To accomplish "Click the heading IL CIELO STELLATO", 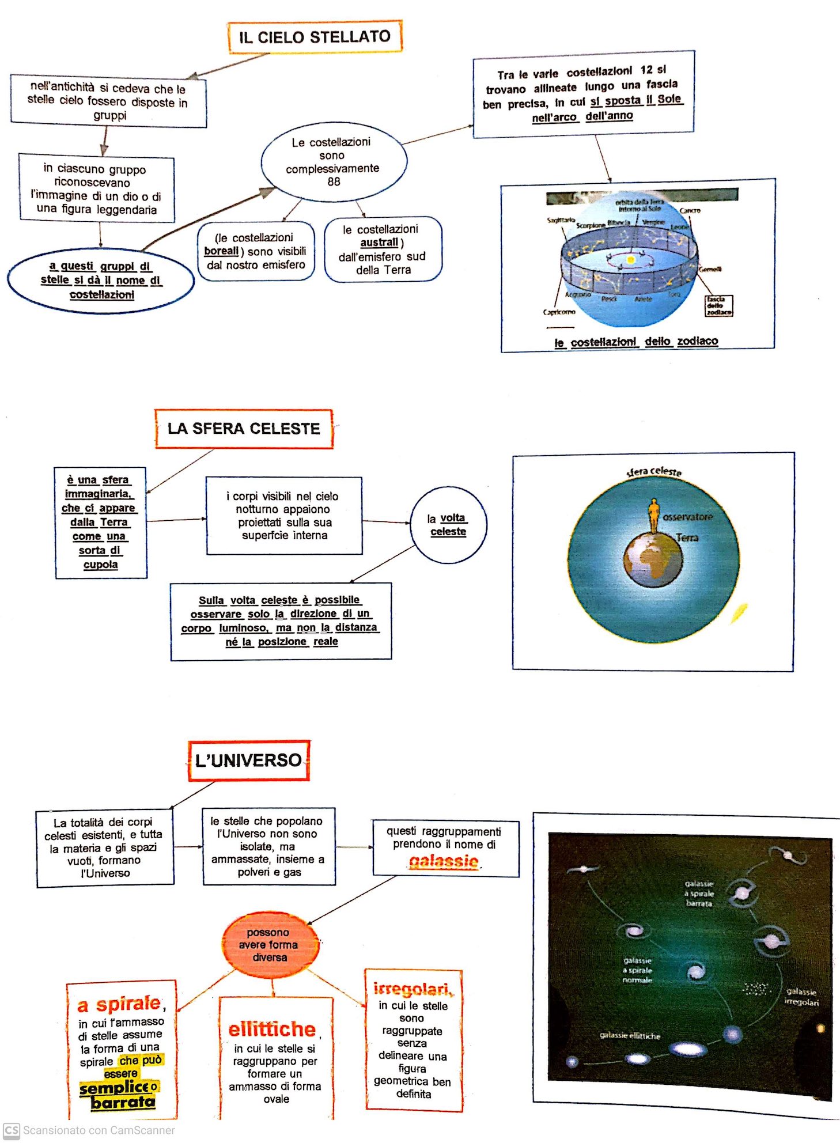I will pyautogui.click(x=315, y=37).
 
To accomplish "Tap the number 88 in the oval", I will pyautogui.click(x=334, y=181).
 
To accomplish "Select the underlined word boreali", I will pyautogui.click(x=221, y=251).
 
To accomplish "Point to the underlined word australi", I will pyautogui.click(x=379, y=243).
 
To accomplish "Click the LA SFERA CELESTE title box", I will pyautogui.click(x=244, y=429).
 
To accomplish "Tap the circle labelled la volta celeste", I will pyautogui.click(x=448, y=524).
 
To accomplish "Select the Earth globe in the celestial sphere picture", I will pyautogui.click(x=653, y=559).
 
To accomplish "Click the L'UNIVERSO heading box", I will pyautogui.click(x=249, y=760).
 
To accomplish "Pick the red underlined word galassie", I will pyautogui.click(x=444, y=861).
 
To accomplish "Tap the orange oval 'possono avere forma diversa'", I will pyautogui.click(x=270, y=945).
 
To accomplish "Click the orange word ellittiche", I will pyautogui.click(x=273, y=1029).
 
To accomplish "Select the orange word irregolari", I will pyautogui.click(x=413, y=989).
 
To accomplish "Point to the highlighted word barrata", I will pyautogui.click(x=123, y=1102).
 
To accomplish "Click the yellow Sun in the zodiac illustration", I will pyautogui.click(x=630, y=260).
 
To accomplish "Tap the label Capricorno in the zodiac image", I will pyautogui.click(x=559, y=312).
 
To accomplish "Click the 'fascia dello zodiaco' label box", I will pyautogui.click(x=719, y=305).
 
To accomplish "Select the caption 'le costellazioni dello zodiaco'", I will pyautogui.click(x=636, y=342).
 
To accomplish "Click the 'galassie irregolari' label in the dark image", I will pyautogui.click(x=801, y=997).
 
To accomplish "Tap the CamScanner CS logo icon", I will pyautogui.click(x=11, y=1130).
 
